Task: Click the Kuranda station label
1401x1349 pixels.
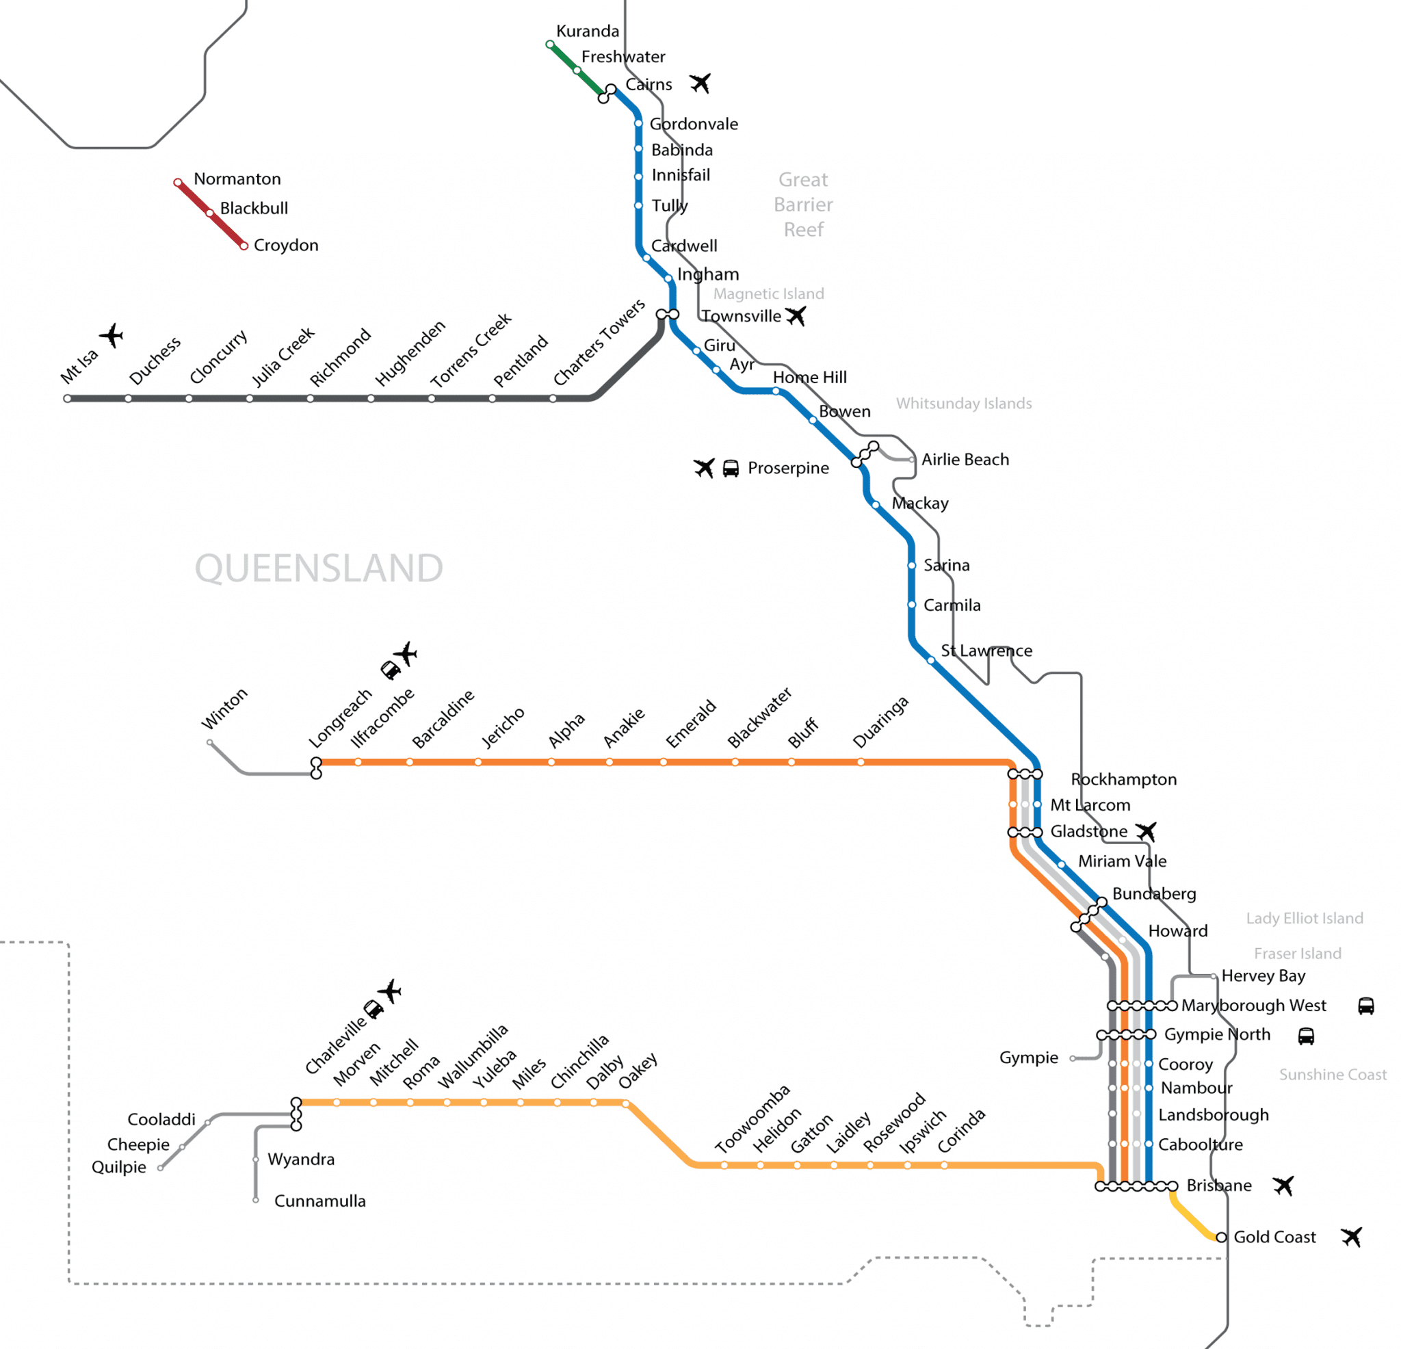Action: [x=588, y=31]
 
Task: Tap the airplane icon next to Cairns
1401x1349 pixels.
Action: [x=700, y=83]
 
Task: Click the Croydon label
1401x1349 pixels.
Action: [x=286, y=245]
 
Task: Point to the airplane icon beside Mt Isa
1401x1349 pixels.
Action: [x=112, y=335]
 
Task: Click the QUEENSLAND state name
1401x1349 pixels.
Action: [x=319, y=568]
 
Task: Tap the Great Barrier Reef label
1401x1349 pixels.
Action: [x=803, y=205]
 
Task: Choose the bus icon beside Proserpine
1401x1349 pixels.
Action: [x=731, y=469]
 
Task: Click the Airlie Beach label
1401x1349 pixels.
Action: [x=965, y=460]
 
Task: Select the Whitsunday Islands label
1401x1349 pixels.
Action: [x=964, y=403]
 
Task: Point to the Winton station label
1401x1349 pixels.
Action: [x=224, y=709]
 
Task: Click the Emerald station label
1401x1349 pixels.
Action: [x=690, y=724]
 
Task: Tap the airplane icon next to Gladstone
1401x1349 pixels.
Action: [x=1146, y=831]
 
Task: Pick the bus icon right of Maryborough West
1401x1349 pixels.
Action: [x=1366, y=1006]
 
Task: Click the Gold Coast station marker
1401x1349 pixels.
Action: [x=1221, y=1237]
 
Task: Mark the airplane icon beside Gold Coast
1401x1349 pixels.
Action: [x=1351, y=1237]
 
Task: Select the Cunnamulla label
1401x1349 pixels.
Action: [x=319, y=1201]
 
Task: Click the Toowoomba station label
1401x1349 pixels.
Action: [x=752, y=1118]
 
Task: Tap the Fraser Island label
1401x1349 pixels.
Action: [x=1297, y=953]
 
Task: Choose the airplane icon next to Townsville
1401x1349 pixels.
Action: [x=796, y=315]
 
